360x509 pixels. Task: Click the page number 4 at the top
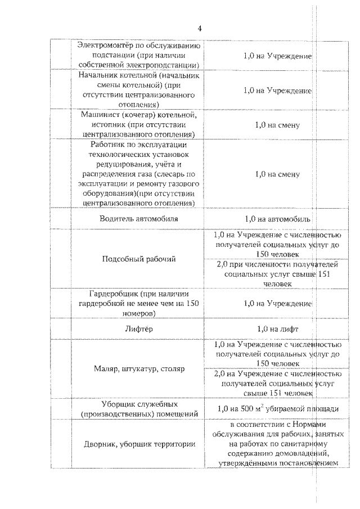[199, 29]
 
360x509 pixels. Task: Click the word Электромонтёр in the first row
[103, 46]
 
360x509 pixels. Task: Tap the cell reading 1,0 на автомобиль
[277, 219]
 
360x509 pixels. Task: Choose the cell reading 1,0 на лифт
[277, 328]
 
